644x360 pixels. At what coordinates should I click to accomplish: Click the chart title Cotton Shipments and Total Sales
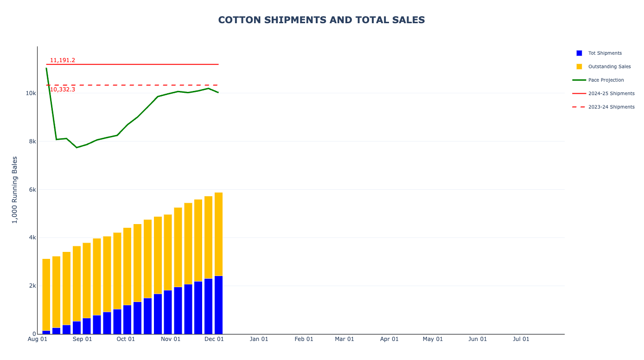tap(321, 20)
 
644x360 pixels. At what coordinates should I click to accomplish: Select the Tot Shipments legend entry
tap(605, 53)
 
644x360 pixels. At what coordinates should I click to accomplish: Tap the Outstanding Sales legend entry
tap(609, 67)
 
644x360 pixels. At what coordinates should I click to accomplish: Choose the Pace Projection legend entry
tap(606, 80)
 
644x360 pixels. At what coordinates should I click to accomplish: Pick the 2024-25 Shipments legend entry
tap(611, 94)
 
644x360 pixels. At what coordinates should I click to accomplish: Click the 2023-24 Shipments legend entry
tap(611, 107)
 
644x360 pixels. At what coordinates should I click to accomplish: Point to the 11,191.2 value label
tap(63, 60)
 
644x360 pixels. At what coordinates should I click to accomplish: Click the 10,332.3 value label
tap(63, 90)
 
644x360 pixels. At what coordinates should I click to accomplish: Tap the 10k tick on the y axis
tap(31, 93)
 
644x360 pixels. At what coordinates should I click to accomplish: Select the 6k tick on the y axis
tap(32, 190)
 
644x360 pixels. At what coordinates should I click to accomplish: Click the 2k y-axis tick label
tap(32, 286)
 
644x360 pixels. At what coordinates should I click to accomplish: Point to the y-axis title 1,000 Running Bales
tap(15, 190)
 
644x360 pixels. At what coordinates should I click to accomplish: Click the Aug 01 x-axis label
tap(38, 339)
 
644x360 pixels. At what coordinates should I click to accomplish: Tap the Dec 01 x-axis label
tap(214, 339)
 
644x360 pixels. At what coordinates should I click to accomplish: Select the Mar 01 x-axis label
tap(344, 339)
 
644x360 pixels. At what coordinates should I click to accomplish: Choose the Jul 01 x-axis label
tap(521, 339)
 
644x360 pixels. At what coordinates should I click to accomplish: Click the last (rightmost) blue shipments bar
tap(218, 305)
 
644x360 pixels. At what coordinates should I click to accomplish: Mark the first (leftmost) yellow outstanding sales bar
tap(46, 295)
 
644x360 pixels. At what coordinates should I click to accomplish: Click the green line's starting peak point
tap(46, 68)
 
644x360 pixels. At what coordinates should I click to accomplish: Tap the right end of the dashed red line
tap(218, 85)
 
